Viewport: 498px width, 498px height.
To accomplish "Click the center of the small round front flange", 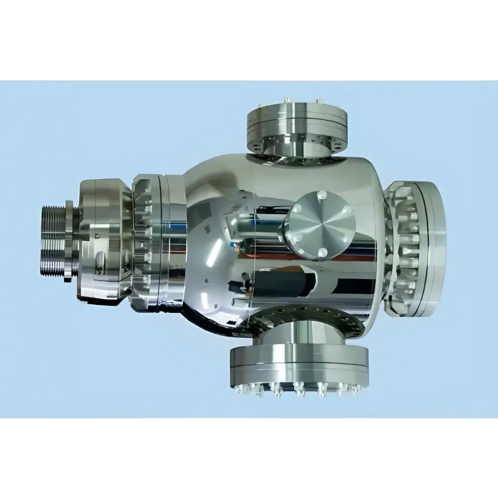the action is [320, 225].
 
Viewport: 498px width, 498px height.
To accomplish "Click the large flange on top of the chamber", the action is [297, 117].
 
